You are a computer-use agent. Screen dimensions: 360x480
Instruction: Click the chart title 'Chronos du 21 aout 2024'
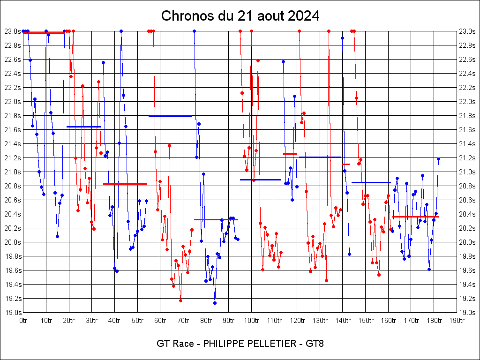pos(240,16)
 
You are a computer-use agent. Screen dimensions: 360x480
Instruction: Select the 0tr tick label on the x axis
pos(23,321)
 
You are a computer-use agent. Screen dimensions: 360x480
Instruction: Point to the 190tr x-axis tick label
pos(457,321)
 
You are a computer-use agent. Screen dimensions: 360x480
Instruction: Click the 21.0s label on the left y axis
pos(13,172)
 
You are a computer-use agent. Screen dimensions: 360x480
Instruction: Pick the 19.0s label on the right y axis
pos(467,313)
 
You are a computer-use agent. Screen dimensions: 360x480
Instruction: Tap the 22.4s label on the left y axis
pos(13,74)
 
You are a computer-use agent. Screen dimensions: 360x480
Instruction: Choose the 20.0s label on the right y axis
pos(467,242)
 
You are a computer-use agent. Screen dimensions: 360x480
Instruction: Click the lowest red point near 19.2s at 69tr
pos(180,300)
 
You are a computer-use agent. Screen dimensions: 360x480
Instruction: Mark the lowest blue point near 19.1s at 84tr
pos(215,303)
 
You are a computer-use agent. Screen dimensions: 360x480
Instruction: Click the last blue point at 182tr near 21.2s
pos(438,159)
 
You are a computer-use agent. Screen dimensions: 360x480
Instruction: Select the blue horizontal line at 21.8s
pos(170,116)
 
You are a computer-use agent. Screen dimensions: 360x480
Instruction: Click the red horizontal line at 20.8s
pos(125,184)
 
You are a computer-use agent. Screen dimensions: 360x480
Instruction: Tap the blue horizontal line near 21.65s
pos(84,127)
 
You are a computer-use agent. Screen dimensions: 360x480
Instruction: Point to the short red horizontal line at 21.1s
pos(346,164)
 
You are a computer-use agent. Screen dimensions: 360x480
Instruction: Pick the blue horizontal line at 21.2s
pos(319,157)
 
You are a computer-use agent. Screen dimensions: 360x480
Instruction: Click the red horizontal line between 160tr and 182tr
pos(415,217)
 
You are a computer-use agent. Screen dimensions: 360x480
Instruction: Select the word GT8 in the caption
pos(315,344)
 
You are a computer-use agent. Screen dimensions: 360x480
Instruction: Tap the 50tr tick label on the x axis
pos(137,321)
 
